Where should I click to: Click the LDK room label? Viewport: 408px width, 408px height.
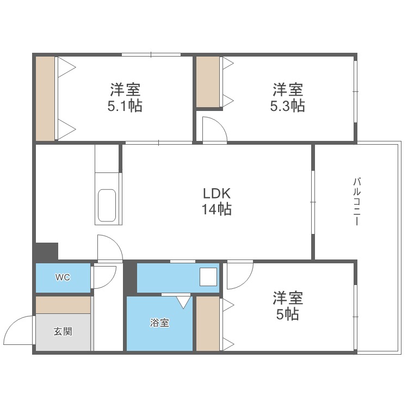pyautogui.click(x=217, y=193)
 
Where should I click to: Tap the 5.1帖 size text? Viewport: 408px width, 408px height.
pyautogui.click(x=125, y=106)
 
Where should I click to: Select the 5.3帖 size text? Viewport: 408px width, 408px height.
pyautogui.click(x=287, y=106)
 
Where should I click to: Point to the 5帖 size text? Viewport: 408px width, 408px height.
pyautogui.click(x=287, y=314)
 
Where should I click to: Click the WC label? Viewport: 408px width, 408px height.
pyautogui.click(x=63, y=277)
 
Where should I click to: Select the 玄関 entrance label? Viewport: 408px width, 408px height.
pyautogui.click(x=63, y=331)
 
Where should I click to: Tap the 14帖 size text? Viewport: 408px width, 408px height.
pyautogui.click(x=217, y=209)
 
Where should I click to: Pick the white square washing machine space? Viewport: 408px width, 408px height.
pyautogui.click(x=208, y=277)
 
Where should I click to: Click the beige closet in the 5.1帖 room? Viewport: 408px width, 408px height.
pyautogui.click(x=45, y=98)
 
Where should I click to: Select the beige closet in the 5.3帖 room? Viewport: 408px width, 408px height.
pyautogui.click(x=208, y=82)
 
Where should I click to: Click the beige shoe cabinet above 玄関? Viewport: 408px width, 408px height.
pyautogui.click(x=63, y=305)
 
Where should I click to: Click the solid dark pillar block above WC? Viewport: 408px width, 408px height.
pyautogui.click(x=46, y=252)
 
